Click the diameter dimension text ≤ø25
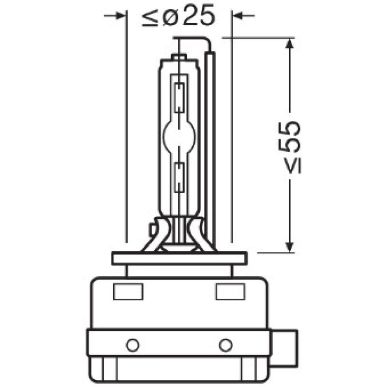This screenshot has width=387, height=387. pos(178,18)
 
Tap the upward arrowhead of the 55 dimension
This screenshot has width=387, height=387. pos(289,45)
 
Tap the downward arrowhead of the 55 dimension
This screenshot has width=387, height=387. pos(289,247)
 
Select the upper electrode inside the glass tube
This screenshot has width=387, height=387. pos(179,97)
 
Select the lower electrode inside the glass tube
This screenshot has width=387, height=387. pos(179,177)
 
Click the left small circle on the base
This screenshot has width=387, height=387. pos(132,345)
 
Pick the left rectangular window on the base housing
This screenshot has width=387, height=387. pos(128,292)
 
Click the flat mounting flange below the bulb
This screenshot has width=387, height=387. pos(179,258)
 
